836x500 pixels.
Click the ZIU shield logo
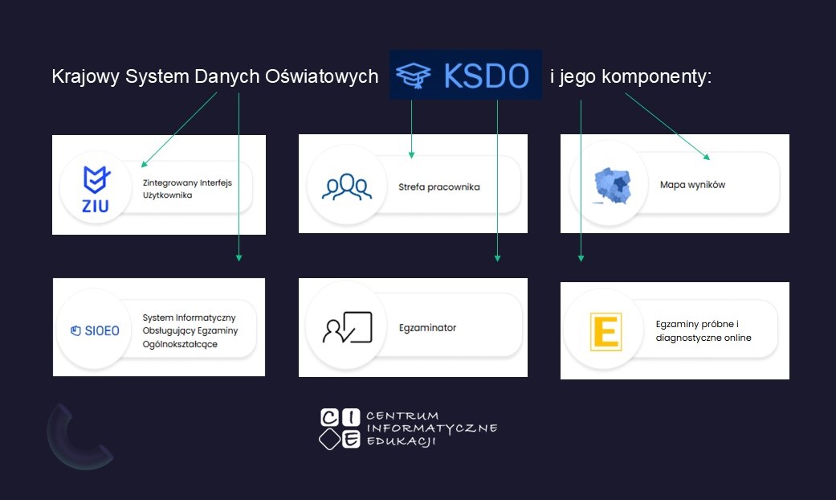(96, 190)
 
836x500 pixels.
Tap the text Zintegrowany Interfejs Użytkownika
(187, 189)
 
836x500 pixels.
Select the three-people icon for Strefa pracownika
(347, 186)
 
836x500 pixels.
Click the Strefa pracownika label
(438, 186)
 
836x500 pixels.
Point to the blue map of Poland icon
(613, 186)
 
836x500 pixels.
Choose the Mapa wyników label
(692, 185)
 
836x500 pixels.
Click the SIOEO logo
(95, 331)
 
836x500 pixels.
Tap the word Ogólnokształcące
(180, 344)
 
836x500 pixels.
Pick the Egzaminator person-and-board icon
(347, 327)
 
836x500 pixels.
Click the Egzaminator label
(427, 328)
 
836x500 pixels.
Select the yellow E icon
(606, 331)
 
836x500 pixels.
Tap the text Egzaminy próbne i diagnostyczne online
(703, 331)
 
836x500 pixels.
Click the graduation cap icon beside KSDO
(414, 76)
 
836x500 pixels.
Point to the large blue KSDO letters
(486, 76)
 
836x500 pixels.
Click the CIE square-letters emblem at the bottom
(340, 429)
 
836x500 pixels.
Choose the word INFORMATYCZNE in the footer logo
(432, 428)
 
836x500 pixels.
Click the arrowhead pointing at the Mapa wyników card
(707, 157)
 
